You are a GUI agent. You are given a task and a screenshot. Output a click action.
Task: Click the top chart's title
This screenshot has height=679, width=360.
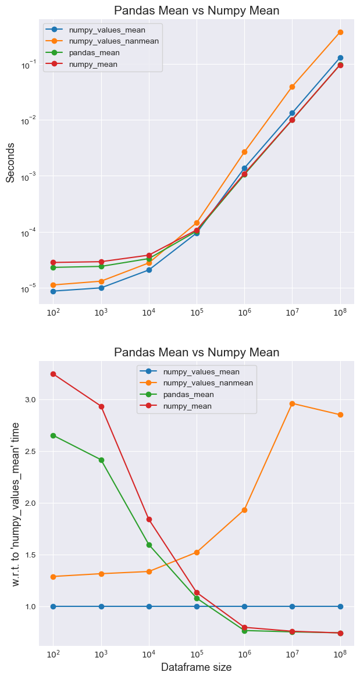[x=197, y=10]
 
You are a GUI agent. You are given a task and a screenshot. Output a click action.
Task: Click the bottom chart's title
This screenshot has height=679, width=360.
[x=197, y=352]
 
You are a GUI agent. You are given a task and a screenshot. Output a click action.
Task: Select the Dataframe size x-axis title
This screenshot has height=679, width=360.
[x=196, y=667]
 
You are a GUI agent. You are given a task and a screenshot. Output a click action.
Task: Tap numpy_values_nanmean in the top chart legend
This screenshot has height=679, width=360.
[x=113, y=41]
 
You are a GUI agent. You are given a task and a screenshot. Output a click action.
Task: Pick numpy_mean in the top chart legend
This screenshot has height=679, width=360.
[x=93, y=64]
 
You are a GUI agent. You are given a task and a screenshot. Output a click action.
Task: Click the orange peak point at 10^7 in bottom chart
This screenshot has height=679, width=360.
[x=293, y=403]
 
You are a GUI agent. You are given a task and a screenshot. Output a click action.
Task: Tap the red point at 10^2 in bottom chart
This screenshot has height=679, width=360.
[x=54, y=374]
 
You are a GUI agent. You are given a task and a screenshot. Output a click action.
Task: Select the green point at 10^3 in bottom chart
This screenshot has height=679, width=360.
[x=101, y=460]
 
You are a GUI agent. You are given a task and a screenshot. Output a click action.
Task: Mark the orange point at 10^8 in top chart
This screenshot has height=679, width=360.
[x=340, y=32]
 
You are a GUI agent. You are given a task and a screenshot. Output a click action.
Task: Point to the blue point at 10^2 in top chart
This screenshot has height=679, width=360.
[x=54, y=291]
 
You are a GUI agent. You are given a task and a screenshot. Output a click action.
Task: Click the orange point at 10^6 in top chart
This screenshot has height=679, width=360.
[x=245, y=152]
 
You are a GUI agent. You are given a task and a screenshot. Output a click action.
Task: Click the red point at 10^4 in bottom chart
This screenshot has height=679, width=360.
[x=149, y=519]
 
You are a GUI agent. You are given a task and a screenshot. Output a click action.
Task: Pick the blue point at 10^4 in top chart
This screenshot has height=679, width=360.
[x=149, y=270]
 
